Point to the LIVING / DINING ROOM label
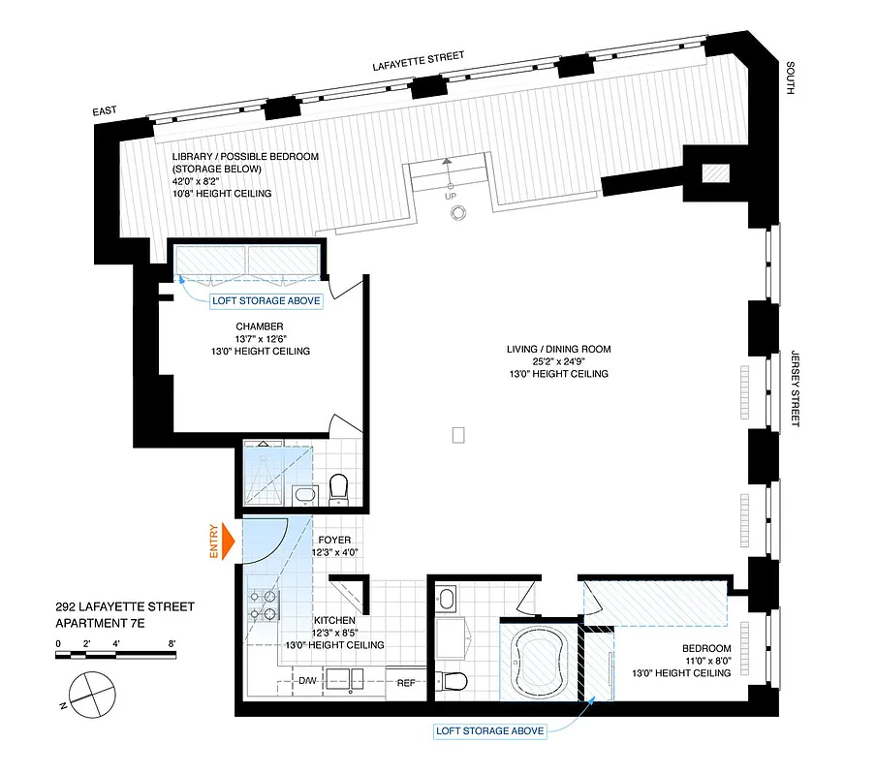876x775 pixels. (559, 350)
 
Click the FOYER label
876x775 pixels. (332, 540)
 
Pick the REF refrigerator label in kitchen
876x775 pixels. (407, 683)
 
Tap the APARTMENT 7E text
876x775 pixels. (100, 625)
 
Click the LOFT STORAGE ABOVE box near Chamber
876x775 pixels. (266, 301)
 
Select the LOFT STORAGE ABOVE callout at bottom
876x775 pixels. (489, 730)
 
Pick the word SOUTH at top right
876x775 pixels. (791, 77)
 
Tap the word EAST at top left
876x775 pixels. (105, 112)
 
